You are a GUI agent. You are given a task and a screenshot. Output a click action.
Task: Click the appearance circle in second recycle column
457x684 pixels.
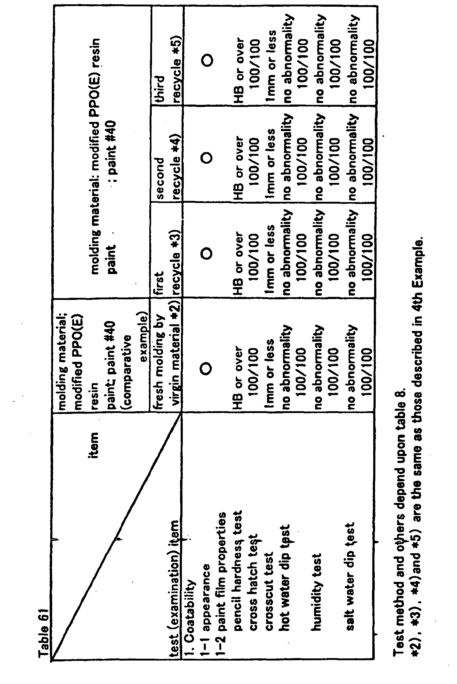[206, 158]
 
